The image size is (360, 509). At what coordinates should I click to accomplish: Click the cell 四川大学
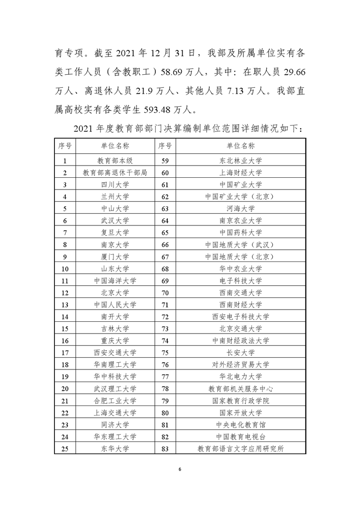(115, 185)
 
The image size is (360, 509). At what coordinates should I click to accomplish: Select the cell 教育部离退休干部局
(115, 172)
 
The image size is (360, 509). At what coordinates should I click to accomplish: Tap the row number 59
(164, 161)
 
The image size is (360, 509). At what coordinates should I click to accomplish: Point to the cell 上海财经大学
(240, 172)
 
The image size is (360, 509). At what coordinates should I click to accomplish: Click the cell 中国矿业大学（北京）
(240, 197)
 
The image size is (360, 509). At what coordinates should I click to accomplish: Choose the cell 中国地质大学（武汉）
(240, 245)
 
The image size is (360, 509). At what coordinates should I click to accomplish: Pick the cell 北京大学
(115, 293)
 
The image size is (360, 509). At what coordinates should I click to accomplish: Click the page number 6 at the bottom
(180, 470)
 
